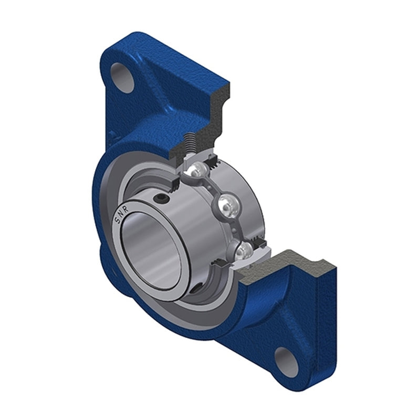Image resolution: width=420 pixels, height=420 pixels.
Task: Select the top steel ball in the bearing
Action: [x=197, y=169]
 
